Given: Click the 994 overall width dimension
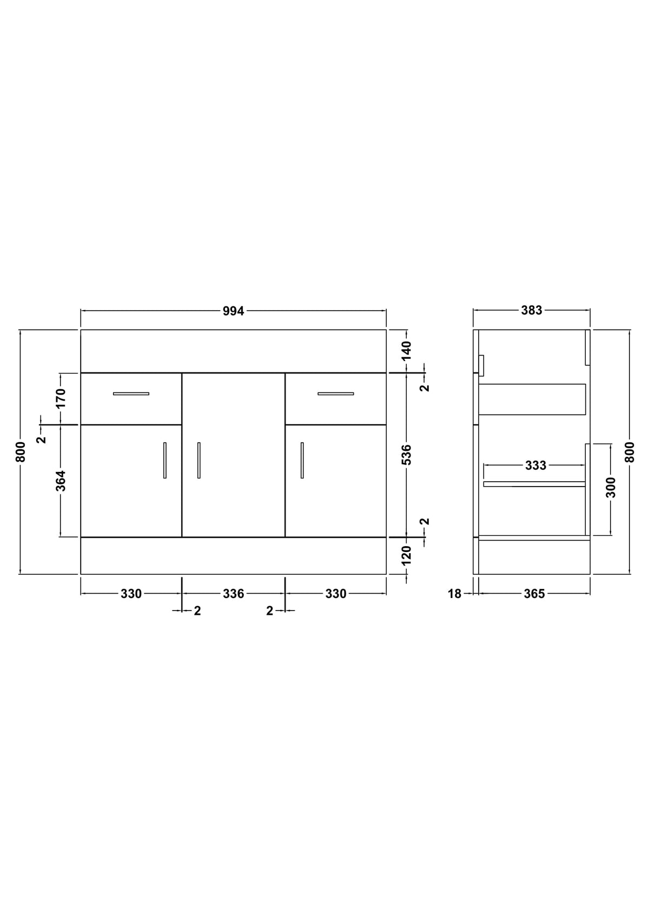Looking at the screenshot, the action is (x=233, y=311).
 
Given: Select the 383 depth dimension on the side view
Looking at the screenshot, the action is (x=531, y=310).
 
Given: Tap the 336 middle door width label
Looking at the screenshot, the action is (x=233, y=594).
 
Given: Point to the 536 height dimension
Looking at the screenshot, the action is (x=406, y=454).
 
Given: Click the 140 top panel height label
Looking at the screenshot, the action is (x=406, y=351).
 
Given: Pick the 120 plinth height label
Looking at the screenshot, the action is (x=406, y=555).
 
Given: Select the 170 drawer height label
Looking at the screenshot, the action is (x=61, y=398).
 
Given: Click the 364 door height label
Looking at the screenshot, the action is (x=61, y=481).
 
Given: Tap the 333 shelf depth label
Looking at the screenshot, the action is (x=535, y=465).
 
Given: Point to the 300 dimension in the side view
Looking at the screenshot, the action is (x=611, y=488).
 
